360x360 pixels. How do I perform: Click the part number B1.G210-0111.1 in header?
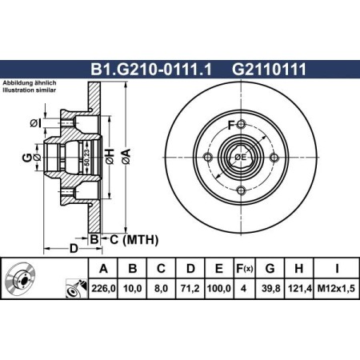coord(142,70)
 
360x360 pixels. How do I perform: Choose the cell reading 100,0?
coord(217,286)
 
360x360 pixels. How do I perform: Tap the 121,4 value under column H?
coord(298,286)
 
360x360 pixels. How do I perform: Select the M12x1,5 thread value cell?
coord(334,286)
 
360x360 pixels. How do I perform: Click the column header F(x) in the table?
coord(245,268)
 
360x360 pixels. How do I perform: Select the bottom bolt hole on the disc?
coord(241,190)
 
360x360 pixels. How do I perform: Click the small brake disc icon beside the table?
coord(23,281)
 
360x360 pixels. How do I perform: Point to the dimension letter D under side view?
coord(74,250)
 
